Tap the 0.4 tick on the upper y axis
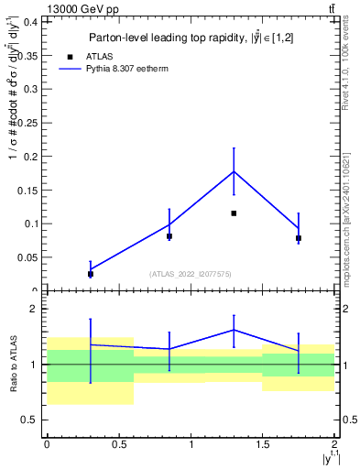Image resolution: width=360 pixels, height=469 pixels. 36,22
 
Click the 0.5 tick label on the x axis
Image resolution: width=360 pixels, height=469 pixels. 118,445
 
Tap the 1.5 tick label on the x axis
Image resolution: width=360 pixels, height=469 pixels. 263,445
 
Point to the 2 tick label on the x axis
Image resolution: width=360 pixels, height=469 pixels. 334,445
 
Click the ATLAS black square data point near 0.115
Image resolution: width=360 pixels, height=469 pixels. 234,213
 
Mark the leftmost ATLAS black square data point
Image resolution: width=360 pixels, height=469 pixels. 90,274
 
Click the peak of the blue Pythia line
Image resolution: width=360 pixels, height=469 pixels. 234,171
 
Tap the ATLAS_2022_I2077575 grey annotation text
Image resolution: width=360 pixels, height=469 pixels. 191,273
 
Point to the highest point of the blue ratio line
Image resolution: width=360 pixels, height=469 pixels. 234,330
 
